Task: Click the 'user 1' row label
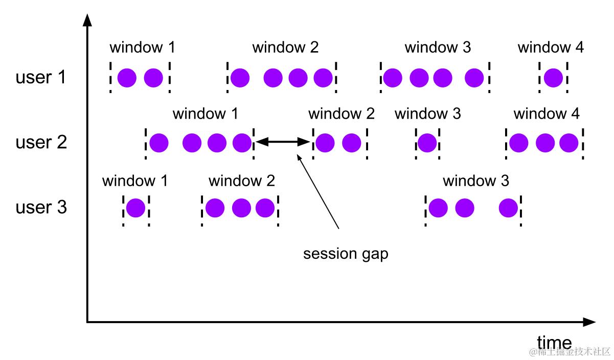(x=41, y=78)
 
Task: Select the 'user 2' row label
(x=41, y=143)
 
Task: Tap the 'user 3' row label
(x=41, y=208)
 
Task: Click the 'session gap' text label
(x=346, y=254)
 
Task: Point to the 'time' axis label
(x=554, y=342)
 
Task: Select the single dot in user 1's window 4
(x=553, y=78)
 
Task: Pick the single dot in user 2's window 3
(x=427, y=143)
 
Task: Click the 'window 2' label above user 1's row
(x=285, y=48)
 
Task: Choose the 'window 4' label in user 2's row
(x=547, y=114)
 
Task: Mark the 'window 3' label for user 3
(x=475, y=181)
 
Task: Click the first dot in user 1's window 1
(x=127, y=78)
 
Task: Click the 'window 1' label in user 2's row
(x=205, y=114)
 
